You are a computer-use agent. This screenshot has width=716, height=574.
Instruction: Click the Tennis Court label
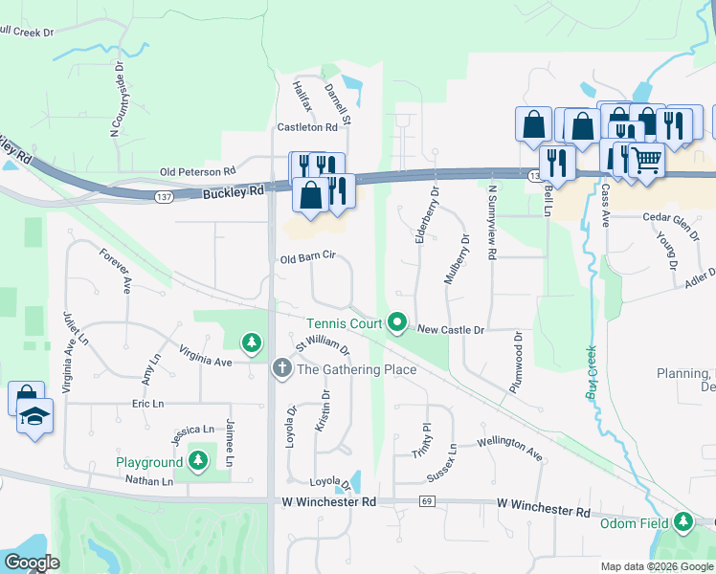pyautogui.click(x=344, y=323)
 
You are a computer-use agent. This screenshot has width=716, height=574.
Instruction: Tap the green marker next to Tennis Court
pyautogui.click(x=398, y=323)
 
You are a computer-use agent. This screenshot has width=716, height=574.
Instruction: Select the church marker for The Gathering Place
pyautogui.click(x=281, y=367)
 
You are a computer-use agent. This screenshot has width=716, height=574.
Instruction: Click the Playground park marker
pyautogui.click(x=198, y=462)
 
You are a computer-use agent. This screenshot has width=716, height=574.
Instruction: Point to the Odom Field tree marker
pyautogui.click(x=682, y=521)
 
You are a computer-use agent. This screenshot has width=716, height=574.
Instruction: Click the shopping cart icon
pyautogui.click(x=647, y=159)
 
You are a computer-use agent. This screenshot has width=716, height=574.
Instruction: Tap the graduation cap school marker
pyautogui.click(x=35, y=416)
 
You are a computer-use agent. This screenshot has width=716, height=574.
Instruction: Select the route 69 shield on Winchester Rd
pyautogui.click(x=427, y=501)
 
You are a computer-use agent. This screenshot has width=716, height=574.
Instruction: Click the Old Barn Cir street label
pyautogui.click(x=307, y=258)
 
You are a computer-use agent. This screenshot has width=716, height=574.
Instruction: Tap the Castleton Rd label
pyautogui.click(x=307, y=126)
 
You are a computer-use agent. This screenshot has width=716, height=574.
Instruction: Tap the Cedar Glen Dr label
pyautogui.click(x=671, y=217)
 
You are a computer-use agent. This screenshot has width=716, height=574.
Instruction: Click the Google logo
pyautogui.click(x=32, y=562)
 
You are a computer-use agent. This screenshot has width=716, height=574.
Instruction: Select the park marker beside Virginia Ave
pyautogui.click(x=252, y=342)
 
